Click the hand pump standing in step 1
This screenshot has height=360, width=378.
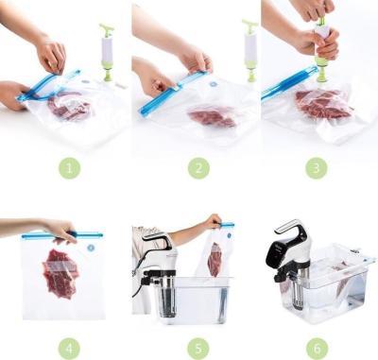tap(107, 51)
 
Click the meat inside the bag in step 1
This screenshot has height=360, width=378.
tap(68, 109)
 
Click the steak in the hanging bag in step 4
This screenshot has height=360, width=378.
tap(60, 274)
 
